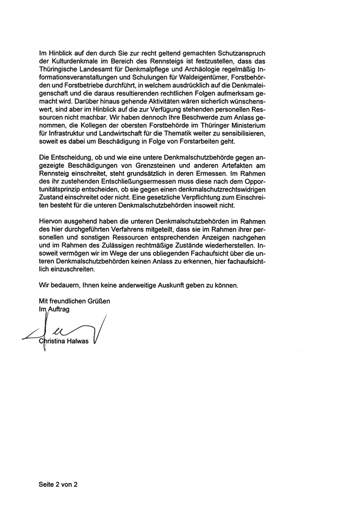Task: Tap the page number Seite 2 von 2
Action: [x=58, y=485]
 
